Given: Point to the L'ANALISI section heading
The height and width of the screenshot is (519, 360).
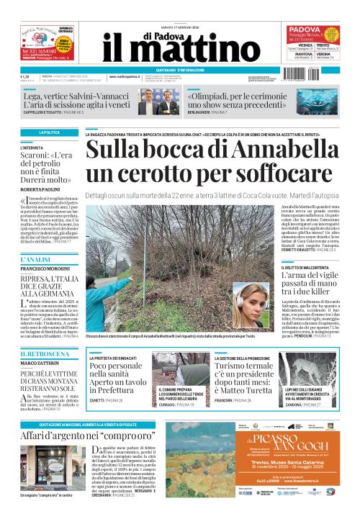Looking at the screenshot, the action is click(x=35, y=258).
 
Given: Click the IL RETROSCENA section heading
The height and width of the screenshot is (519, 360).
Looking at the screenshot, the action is click(x=40, y=354).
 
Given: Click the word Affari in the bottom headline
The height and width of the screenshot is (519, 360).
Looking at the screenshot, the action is click(x=39, y=436).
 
